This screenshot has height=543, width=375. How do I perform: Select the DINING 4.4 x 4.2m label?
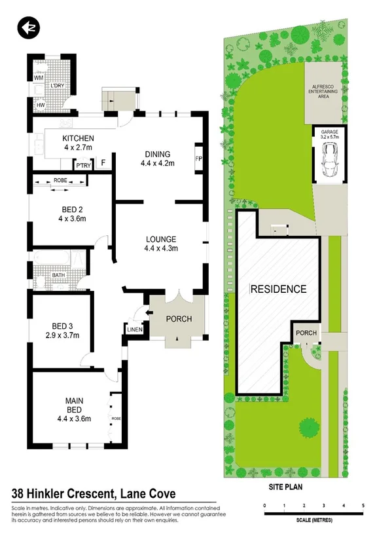158,159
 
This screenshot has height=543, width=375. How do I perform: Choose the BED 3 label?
65,331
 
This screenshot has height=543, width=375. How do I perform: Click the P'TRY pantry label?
83,166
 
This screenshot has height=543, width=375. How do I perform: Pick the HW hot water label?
40,105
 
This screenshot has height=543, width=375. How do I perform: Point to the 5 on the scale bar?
363,506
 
